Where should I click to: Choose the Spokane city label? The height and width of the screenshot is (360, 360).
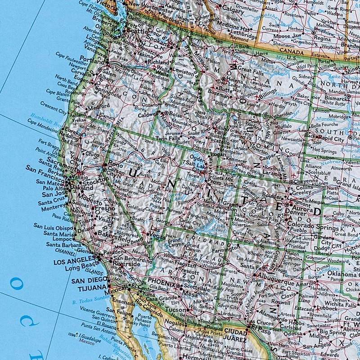coord(157,39)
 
